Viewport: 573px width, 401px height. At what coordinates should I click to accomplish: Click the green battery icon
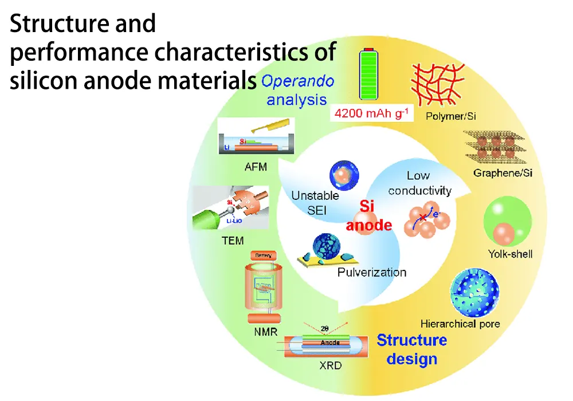[371, 74]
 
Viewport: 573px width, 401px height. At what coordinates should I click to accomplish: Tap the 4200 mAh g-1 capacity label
[371, 113]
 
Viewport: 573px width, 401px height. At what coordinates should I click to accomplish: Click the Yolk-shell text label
[509, 253]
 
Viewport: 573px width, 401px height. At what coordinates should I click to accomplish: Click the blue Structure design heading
[411, 349]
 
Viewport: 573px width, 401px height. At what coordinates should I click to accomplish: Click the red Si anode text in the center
[368, 215]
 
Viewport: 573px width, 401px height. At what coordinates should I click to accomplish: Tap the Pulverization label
[372, 272]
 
